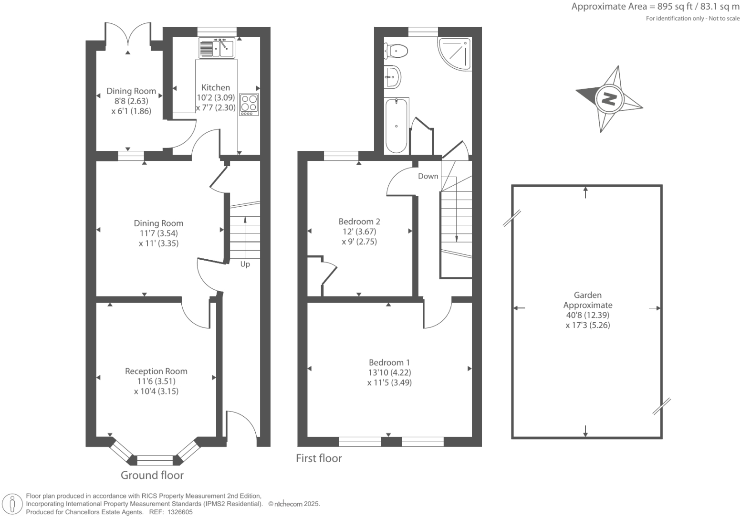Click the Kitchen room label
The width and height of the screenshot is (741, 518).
point(216,87)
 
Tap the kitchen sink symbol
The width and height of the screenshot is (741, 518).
point(216,48)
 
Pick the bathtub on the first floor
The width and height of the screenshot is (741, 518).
point(397,126)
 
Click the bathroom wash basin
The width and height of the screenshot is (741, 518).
point(392,76)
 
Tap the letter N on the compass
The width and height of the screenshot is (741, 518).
point(609,99)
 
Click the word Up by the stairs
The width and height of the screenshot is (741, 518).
point(245,264)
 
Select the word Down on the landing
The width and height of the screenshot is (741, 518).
point(428,176)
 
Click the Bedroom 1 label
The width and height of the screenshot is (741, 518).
point(389,362)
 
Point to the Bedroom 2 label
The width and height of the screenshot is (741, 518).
point(359,222)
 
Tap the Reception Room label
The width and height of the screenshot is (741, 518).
point(156,371)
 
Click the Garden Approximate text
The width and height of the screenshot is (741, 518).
point(587,300)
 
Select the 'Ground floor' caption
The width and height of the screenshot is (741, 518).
point(152,475)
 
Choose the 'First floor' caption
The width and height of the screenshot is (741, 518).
point(319,458)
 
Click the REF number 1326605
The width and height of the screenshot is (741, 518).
point(177,512)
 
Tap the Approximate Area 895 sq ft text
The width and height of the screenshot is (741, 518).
point(655,7)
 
